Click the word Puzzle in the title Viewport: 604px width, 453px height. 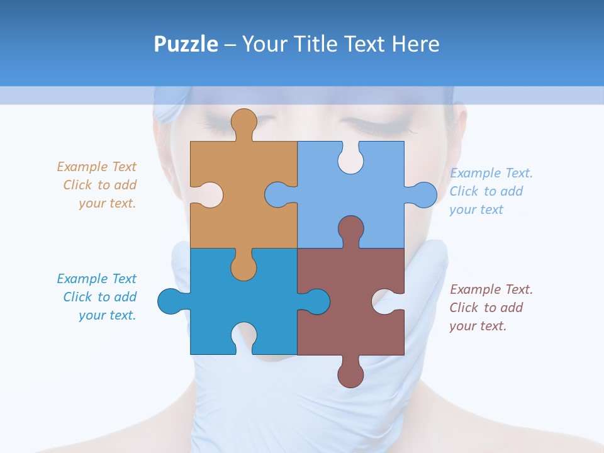[x=186, y=44]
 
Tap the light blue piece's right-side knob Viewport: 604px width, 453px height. [x=423, y=194]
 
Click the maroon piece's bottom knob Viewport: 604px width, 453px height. [x=350, y=373]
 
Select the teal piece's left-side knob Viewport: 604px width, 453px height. [x=171, y=301]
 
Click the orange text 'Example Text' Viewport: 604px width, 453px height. [x=96, y=167]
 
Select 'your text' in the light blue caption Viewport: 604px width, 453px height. [x=476, y=210]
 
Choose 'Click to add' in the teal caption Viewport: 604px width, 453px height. [x=99, y=297]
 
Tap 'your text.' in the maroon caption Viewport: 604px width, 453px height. [x=478, y=326]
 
